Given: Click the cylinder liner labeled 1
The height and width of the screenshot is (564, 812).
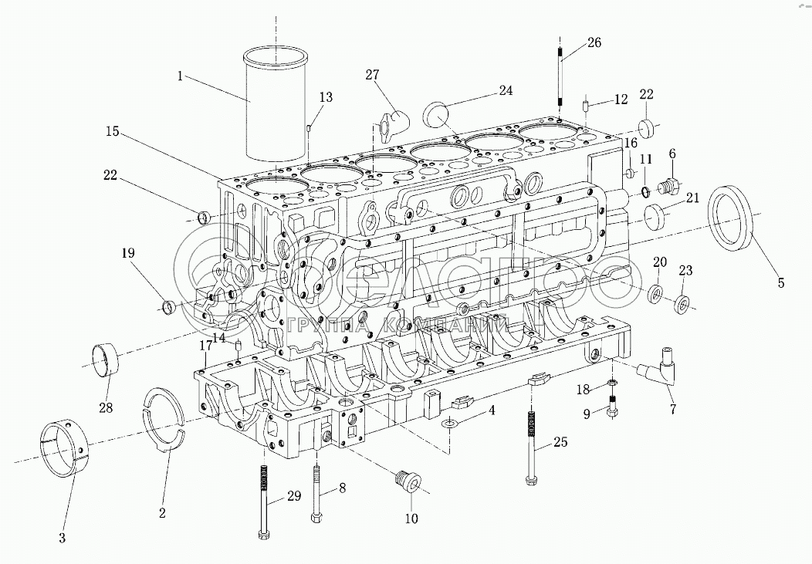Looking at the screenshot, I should click(x=276, y=108).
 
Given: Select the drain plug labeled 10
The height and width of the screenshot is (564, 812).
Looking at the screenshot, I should click(x=406, y=481).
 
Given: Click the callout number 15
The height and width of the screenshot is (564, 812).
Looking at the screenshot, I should click(x=113, y=132).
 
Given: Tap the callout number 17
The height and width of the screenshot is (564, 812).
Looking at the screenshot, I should click(x=206, y=345).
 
